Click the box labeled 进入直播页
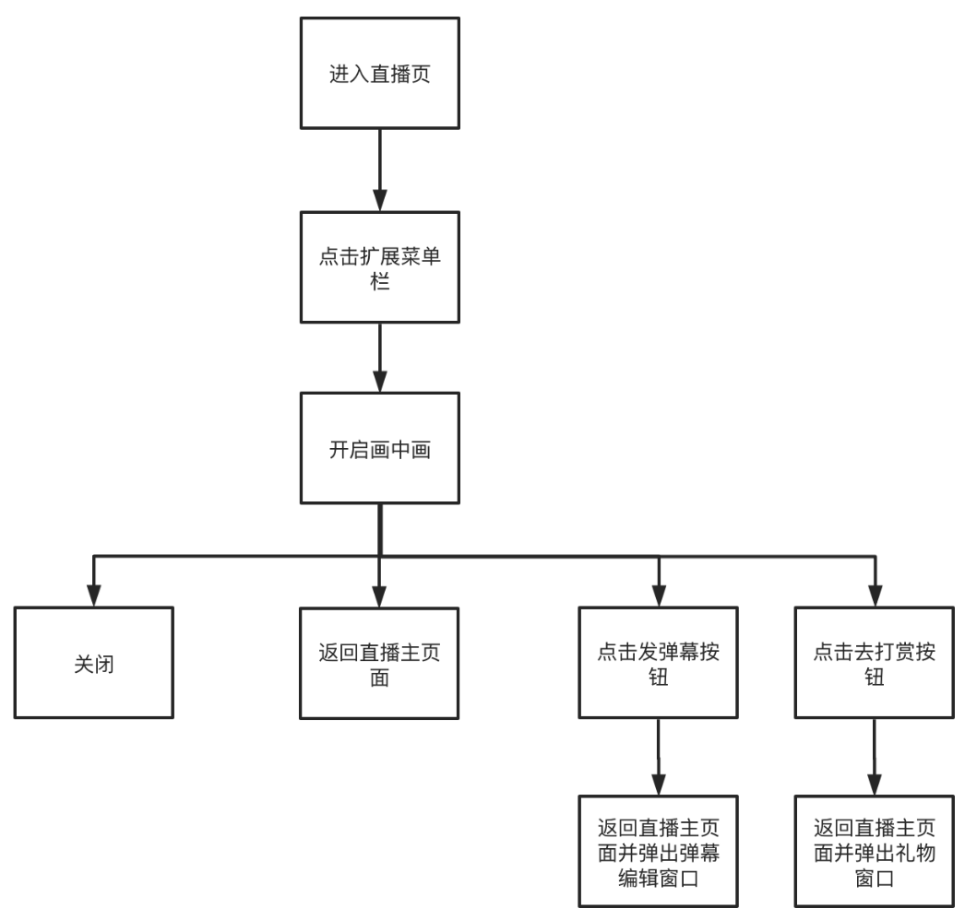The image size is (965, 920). (380, 73)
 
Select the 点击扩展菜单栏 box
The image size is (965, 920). (380, 267)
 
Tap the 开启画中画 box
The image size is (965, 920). (380, 449)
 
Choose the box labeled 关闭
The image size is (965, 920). (94, 663)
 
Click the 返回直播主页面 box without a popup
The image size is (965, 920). (380, 663)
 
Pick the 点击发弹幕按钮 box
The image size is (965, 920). (658, 663)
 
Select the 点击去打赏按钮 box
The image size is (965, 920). (874, 663)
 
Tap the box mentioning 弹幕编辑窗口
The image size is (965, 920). (658, 852)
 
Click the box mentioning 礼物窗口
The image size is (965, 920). (874, 852)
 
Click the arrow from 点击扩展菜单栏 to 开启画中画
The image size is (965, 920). (380, 354)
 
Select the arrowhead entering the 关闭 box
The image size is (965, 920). (94, 595)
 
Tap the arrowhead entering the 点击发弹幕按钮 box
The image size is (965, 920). (658, 595)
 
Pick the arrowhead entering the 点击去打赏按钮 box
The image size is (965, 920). (874, 595)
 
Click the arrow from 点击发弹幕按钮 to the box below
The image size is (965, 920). (658, 756)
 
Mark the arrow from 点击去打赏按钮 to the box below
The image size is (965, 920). (874, 756)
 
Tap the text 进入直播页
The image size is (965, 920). (380, 74)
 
